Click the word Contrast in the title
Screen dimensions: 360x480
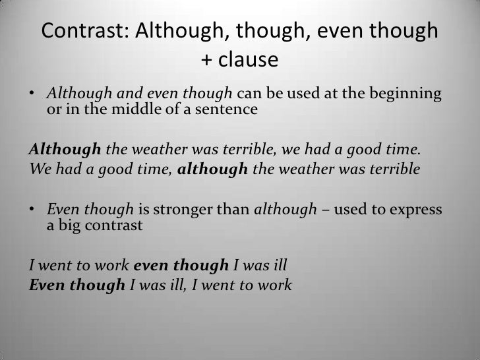pyautogui.click(x=84, y=31)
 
